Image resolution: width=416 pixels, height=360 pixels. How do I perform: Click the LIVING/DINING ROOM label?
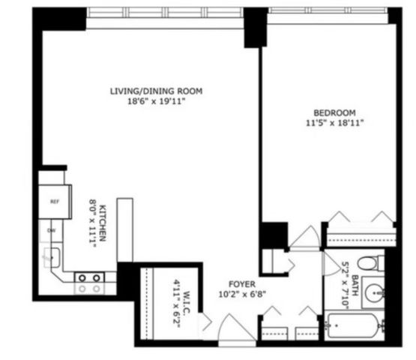click(157, 91)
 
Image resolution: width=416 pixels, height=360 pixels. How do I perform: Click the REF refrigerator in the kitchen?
click(55, 201)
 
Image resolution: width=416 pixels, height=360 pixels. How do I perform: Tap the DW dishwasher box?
click(52, 229)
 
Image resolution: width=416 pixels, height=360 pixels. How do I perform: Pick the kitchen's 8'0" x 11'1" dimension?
click(93, 223)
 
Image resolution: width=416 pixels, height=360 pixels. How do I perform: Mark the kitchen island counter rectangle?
click(125, 229)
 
